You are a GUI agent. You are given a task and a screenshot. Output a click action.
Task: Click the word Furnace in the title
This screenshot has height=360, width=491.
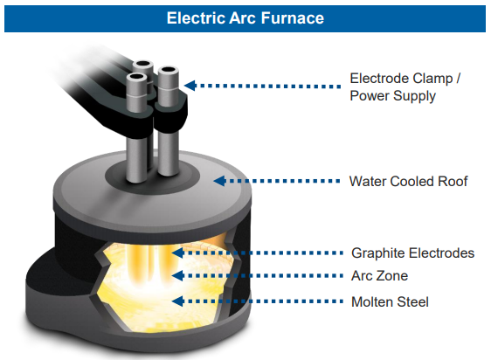click(x=293, y=17)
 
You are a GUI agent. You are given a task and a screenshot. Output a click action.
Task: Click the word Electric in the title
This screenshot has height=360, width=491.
click(x=196, y=17)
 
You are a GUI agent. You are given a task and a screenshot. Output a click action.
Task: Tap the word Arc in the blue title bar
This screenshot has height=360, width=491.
click(x=243, y=17)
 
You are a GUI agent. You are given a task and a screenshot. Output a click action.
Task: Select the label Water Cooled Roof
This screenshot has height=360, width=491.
click(x=408, y=182)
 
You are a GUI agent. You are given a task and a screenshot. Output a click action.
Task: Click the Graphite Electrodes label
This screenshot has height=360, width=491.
click(x=412, y=253)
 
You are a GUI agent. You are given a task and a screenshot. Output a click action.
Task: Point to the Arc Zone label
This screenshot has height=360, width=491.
click(x=379, y=276)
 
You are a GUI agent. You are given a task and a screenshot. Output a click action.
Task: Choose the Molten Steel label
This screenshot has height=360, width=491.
click(x=390, y=302)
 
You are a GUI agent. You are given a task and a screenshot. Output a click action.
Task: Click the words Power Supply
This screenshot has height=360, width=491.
click(x=392, y=96)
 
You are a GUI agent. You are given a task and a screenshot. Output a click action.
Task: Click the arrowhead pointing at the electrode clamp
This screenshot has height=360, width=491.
click(x=190, y=86)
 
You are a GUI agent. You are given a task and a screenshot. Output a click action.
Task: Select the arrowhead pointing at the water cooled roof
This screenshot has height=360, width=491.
click(x=219, y=181)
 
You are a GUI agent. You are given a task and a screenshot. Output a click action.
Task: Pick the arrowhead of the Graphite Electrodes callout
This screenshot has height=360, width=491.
click(x=178, y=253)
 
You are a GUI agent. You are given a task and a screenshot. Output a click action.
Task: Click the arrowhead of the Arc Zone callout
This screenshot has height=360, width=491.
click(x=178, y=276)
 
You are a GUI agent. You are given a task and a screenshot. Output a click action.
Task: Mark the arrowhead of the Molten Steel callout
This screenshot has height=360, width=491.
click(x=178, y=301)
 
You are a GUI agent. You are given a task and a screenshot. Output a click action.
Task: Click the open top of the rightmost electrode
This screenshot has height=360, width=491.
click(x=169, y=70)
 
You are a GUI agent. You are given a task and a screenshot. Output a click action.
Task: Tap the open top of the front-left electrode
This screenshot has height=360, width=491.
click(x=136, y=76)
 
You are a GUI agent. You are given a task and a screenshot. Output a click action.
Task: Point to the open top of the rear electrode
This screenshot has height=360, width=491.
click(x=142, y=64)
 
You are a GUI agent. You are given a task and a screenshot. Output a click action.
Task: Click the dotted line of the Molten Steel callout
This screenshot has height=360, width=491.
click(x=263, y=301)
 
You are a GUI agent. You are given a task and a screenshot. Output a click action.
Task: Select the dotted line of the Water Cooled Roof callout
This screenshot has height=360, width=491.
click(x=283, y=181)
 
